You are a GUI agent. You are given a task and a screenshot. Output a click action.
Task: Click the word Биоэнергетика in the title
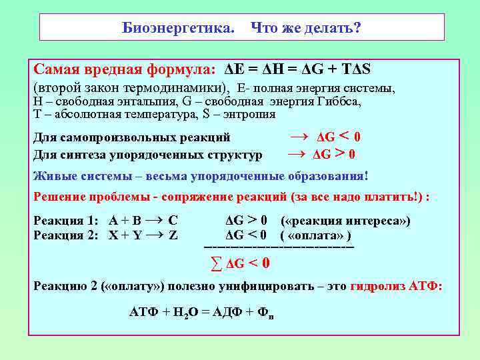178,28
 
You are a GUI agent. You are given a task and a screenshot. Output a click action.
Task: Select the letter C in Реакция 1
173,221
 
